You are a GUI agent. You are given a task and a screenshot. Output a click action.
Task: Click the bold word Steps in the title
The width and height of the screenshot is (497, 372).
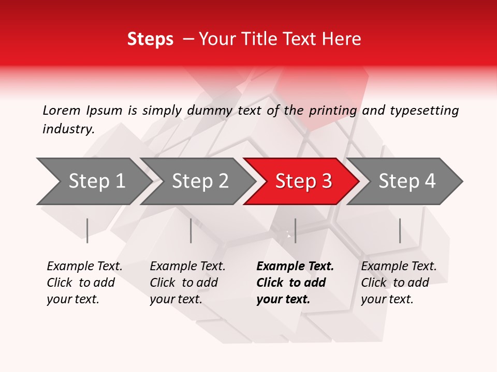pyautogui.click(x=150, y=39)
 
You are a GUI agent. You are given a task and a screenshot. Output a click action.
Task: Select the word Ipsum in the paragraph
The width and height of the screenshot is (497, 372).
pyautogui.click(x=104, y=110)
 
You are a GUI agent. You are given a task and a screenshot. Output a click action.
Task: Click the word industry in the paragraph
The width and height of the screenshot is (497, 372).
pyautogui.click(x=68, y=129)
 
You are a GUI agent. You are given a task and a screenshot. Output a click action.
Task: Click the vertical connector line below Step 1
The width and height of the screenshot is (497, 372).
pyautogui.click(x=87, y=230)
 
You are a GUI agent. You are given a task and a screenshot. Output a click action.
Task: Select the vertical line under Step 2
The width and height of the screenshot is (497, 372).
pyautogui.click(x=191, y=230)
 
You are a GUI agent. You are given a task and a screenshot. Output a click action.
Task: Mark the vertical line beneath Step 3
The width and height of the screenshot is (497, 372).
pyautogui.click(x=295, y=230)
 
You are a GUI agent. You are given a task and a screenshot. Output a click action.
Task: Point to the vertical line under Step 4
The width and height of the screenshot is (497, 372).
pyautogui.click(x=400, y=230)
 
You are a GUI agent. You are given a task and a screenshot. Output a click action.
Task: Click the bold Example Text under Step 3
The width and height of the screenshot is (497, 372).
pyautogui.click(x=295, y=267)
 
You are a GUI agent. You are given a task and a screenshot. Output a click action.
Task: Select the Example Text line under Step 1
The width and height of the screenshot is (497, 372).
pyautogui.click(x=84, y=267)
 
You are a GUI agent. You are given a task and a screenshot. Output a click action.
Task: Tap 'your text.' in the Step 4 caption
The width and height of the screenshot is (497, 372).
pyautogui.click(x=387, y=299)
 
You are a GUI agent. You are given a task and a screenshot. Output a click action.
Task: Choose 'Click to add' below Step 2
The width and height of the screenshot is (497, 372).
pyautogui.click(x=184, y=283)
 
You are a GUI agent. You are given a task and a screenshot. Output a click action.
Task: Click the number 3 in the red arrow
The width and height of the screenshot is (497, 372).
pyautogui.click(x=326, y=181)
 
